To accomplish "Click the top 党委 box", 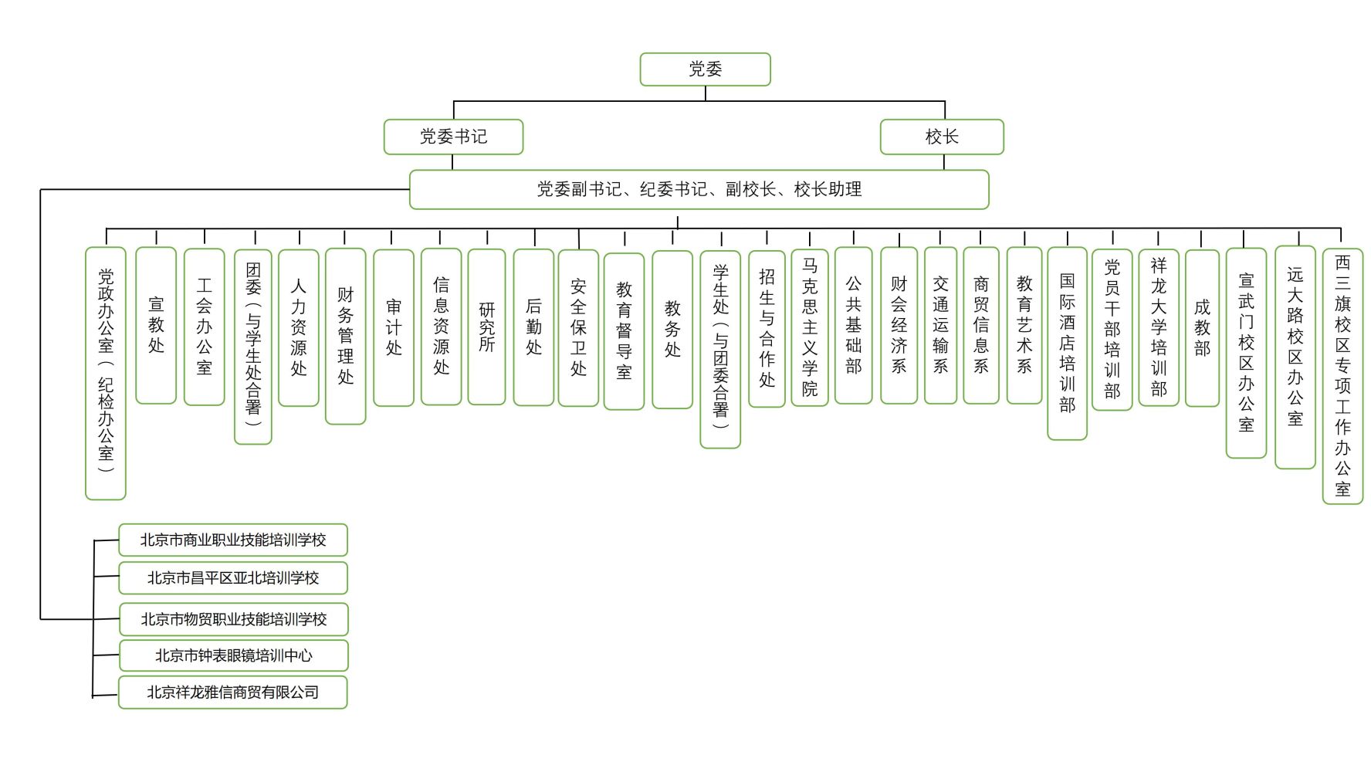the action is point(705,69).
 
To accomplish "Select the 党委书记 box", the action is point(453,137).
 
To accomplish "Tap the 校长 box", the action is point(942,137).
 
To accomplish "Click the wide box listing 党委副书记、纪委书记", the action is point(699,189).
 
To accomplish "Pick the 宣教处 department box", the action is point(156,325).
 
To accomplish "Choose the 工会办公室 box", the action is point(204,327).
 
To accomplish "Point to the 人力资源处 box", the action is point(299,327).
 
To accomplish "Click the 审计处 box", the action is point(394,327).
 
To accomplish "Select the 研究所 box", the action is point(486,327).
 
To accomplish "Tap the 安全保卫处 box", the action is point(578,327).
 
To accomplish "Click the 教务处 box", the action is point(672,330).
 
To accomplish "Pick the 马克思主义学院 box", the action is point(810,327).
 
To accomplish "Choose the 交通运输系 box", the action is point(940,326).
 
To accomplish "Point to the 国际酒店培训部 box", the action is point(1067,344).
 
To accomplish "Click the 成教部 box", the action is point(1202,328).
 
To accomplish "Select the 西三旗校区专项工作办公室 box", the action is point(1342,376).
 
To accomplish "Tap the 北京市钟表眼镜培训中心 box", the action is point(234,655).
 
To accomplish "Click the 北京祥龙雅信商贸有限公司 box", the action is point(233,692).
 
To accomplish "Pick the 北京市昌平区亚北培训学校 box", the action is point(233,577).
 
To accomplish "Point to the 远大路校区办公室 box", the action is point(1295,357).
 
